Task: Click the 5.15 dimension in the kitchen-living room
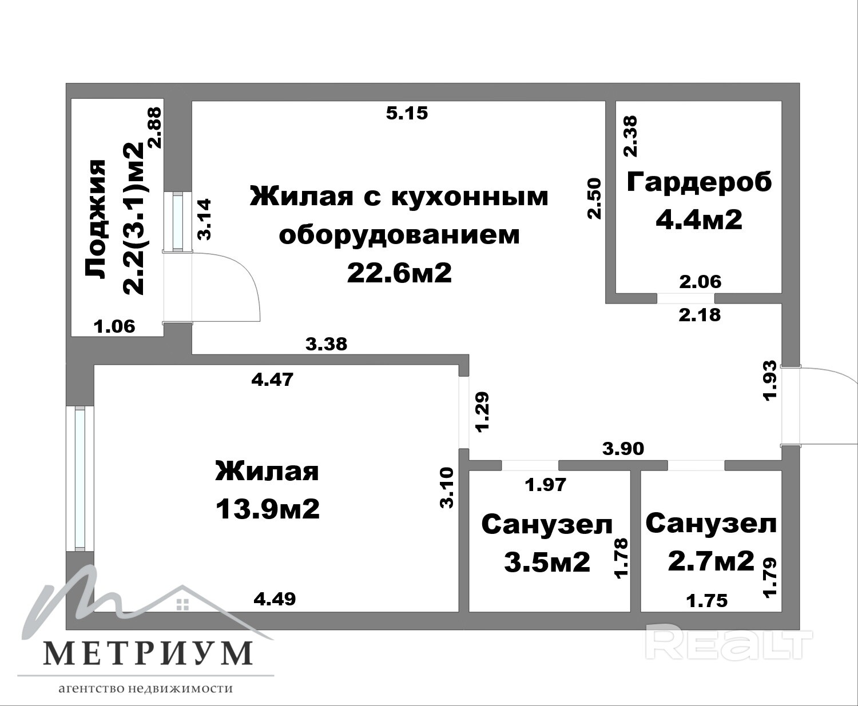(x=407, y=113)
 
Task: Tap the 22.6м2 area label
(x=399, y=273)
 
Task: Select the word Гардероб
(x=699, y=182)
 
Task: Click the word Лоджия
(x=95, y=219)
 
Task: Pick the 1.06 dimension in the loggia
(x=114, y=326)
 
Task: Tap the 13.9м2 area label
(x=267, y=509)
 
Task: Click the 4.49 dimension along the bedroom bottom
(x=275, y=599)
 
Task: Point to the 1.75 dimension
(x=706, y=600)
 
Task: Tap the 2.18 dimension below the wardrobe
(x=700, y=315)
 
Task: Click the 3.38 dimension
(x=326, y=344)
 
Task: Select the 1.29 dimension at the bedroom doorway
(x=482, y=412)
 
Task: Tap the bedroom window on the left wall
(x=80, y=478)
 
